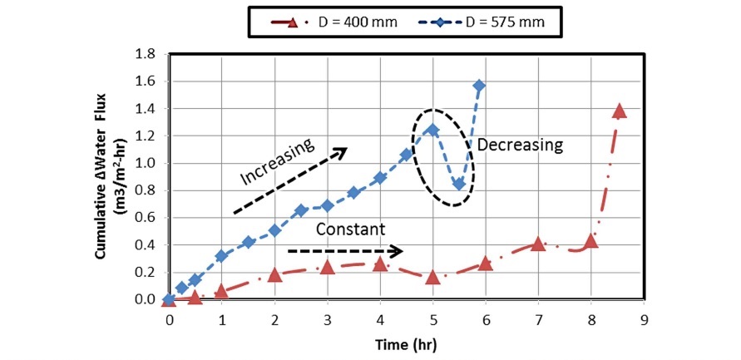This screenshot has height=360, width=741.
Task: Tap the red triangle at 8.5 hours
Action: point(619,111)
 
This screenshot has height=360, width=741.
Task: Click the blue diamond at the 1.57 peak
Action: point(479,86)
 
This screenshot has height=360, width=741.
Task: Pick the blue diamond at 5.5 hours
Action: point(458,184)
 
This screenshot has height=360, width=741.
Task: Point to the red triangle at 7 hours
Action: point(538,244)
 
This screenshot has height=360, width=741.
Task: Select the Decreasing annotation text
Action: point(520,145)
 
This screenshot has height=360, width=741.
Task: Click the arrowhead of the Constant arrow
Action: point(398,250)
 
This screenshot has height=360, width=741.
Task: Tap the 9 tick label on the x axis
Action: point(644,318)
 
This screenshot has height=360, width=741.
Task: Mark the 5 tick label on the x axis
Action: point(432,318)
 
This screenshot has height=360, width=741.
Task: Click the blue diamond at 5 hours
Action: point(432,130)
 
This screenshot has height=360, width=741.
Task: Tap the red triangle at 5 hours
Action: point(432,277)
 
